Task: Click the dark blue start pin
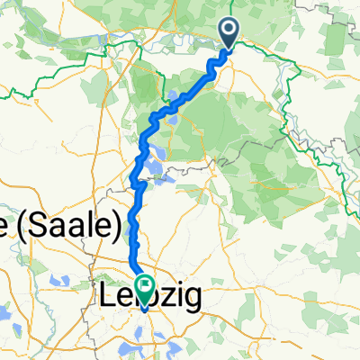[229, 34]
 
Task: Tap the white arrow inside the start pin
[229, 31]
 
